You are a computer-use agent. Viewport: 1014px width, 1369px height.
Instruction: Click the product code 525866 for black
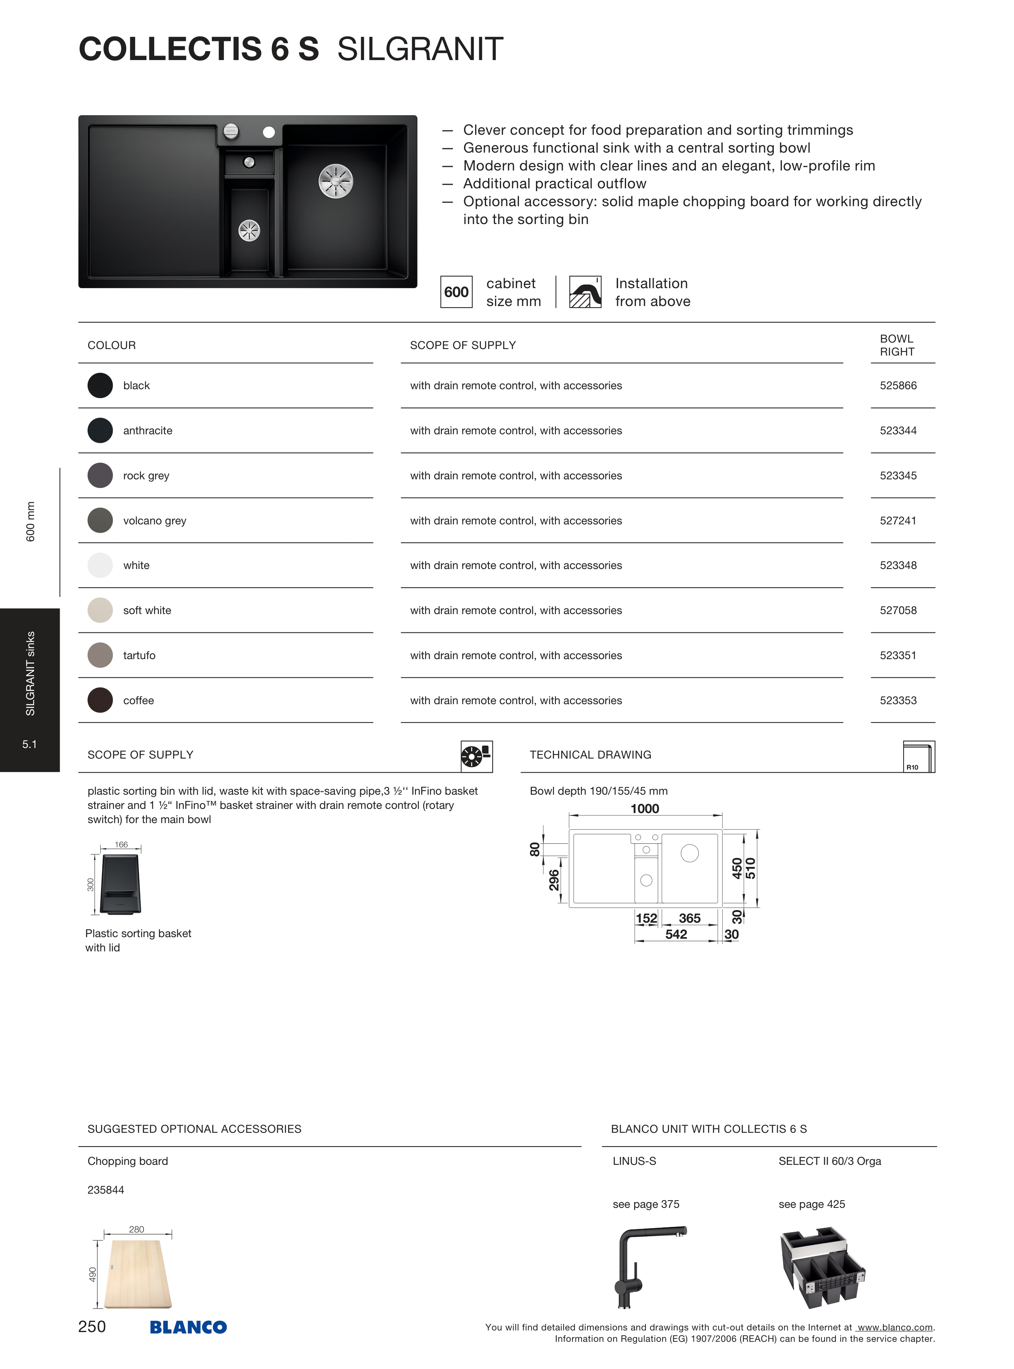898,386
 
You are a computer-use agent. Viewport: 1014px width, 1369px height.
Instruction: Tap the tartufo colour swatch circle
100,655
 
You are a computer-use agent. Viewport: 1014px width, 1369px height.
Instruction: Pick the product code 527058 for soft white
898,610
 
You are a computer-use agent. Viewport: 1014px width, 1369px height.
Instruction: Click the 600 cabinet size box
456,292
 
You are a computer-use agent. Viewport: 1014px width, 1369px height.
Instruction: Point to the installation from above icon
585,292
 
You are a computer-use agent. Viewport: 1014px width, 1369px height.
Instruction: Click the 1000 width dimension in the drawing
644,808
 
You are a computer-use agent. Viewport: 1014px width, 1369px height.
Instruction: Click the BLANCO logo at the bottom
188,1327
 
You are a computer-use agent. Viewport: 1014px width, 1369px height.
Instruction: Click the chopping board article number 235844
105,1190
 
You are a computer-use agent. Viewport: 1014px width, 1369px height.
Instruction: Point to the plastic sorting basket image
121,884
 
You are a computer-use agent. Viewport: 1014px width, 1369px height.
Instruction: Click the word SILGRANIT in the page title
420,49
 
